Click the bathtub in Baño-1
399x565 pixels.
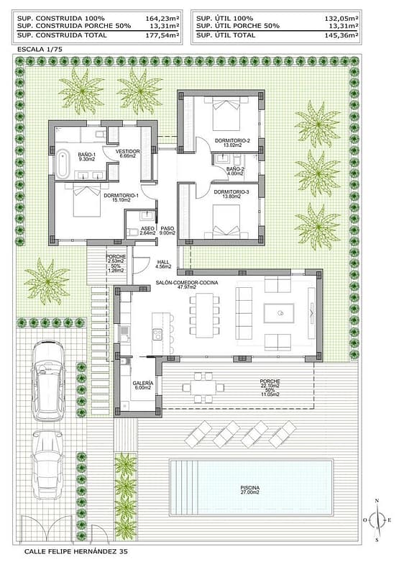pyautogui.click(x=63, y=164)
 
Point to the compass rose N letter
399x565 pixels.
pyautogui.click(x=377, y=500)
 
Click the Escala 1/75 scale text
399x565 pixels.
pyautogui.click(x=40, y=50)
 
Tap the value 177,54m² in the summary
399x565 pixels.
pyautogui.click(x=162, y=35)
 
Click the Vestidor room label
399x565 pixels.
pyautogui.click(x=128, y=154)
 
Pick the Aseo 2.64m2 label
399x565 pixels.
pyautogui.click(x=148, y=230)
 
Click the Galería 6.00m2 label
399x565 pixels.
pyautogui.click(x=143, y=385)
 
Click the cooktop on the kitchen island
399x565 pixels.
pyautogui.click(x=157, y=335)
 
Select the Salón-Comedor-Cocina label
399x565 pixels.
pyautogui.click(x=187, y=285)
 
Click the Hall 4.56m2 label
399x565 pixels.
pyautogui.click(x=163, y=264)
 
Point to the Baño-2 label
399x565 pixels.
pyautogui.click(x=236, y=171)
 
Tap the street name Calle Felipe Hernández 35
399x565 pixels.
pyautogui.click(x=76, y=551)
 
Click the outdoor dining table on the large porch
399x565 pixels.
pyautogui.click(x=203, y=388)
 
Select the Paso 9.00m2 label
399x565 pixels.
pyautogui.click(x=168, y=230)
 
